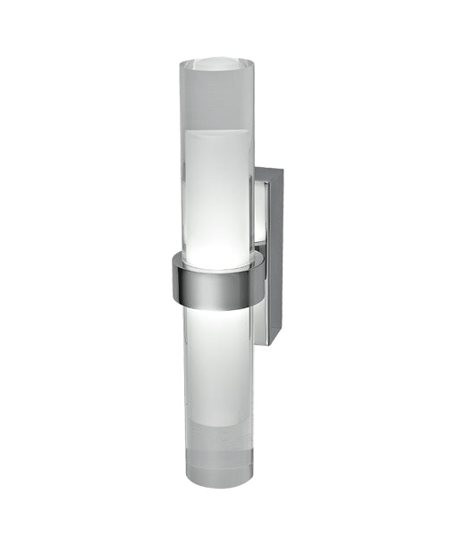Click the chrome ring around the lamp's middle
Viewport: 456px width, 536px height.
(215, 281)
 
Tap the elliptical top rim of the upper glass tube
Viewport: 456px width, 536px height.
(217, 65)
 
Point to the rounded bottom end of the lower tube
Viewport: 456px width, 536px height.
(216, 476)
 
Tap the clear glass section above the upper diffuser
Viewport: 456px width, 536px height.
(216, 98)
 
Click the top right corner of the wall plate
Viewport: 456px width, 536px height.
(283, 169)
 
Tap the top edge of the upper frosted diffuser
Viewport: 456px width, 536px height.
(216, 130)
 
